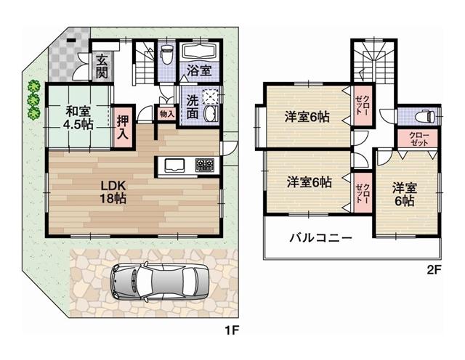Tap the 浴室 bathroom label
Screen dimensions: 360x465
point(198,71)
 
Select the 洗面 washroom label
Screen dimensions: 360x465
point(192,107)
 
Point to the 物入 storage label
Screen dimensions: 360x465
point(166,113)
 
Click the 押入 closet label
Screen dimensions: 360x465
point(124,126)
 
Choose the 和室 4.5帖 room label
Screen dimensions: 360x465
point(78,118)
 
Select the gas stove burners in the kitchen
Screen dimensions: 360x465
point(204,165)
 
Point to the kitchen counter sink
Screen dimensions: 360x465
point(177,165)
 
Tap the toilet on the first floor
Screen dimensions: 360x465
point(166,55)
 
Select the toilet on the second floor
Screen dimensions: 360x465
point(424,116)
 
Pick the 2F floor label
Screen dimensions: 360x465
point(433,269)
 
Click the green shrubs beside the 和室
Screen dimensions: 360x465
point(33,100)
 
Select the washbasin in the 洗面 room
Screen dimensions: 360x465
point(211,116)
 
